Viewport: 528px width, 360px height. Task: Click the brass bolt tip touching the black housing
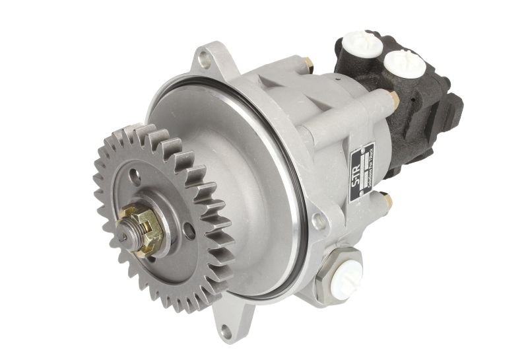[x=393, y=98]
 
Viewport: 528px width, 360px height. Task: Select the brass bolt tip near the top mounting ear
[x=307, y=63]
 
